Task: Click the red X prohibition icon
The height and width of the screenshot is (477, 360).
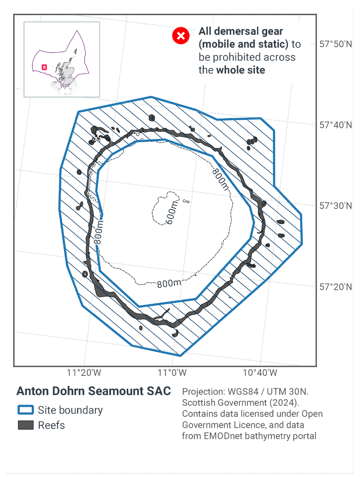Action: tap(181, 36)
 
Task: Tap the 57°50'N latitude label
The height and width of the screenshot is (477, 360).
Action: tap(335, 44)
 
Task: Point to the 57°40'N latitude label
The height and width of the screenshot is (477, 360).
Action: tap(335, 125)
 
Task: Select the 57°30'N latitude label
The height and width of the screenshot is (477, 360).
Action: tap(335, 206)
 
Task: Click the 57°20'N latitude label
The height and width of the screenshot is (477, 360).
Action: tap(335, 287)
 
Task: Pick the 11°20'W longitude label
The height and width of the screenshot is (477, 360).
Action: tap(84, 373)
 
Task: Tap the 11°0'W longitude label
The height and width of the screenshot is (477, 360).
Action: tap(172, 373)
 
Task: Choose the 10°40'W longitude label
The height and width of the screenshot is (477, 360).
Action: tap(260, 373)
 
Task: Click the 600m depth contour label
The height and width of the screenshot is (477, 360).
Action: tap(171, 212)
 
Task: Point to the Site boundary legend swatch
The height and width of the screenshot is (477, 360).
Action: tap(26, 410)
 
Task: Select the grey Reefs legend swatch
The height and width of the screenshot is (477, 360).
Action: tap(26, 425)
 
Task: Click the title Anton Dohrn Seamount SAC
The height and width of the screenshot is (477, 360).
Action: tap(94, 391)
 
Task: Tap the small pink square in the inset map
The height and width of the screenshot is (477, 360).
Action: tap(44, 67)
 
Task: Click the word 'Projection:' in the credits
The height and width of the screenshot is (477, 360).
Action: tap(204, 392)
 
